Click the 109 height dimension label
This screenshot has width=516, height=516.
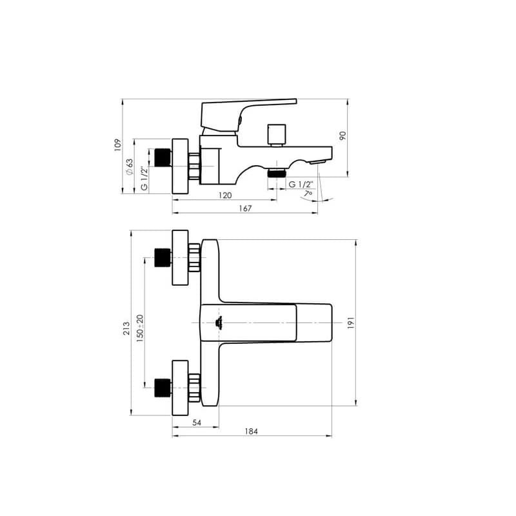click(117, 145)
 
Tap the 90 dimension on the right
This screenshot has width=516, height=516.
click(342, 135)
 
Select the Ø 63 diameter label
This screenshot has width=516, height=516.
click(130, 167)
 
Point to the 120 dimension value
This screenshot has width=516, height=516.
click(225, 195)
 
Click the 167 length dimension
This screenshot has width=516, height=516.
click(245, 208)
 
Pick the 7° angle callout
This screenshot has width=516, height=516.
click(308, 193)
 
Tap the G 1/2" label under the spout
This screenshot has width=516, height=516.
click(301, 184)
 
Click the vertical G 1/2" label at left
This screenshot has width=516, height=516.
click(144, 179)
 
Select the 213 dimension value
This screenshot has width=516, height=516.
click(126, 329)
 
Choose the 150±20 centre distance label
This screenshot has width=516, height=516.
click(140, 328)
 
